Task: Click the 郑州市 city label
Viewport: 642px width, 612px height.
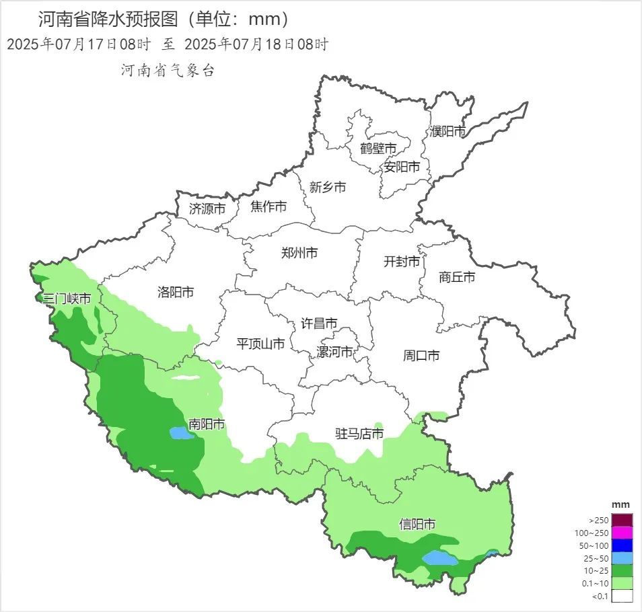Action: [x=299, y=254]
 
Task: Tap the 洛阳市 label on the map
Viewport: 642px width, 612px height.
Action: [x=176, y=292]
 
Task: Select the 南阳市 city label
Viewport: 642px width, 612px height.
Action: [x=207, y=424]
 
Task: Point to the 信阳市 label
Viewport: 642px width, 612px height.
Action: [x=417, y=524]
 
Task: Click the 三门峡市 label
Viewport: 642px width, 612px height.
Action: [x=67, y=298]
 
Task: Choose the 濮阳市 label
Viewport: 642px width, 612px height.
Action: [x=448, y=131]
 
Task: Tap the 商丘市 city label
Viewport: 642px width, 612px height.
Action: [x=457, y=276]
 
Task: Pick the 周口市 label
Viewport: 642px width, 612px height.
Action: [x=421, y=354]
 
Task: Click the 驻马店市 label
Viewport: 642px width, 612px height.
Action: [x=359, y=434]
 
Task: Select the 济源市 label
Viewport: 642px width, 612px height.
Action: [x=207, y=208]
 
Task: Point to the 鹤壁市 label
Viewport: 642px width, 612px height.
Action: [x=378, y=148]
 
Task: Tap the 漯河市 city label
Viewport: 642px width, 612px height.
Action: [x=335, y=352]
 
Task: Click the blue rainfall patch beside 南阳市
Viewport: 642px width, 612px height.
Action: [x=180, y=433]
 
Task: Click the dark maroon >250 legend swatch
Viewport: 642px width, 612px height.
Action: [x=622, y=520]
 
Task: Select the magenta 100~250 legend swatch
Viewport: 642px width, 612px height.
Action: [x=622, y=533]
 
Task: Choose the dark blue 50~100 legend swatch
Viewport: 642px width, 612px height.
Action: [x=622, y=545]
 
